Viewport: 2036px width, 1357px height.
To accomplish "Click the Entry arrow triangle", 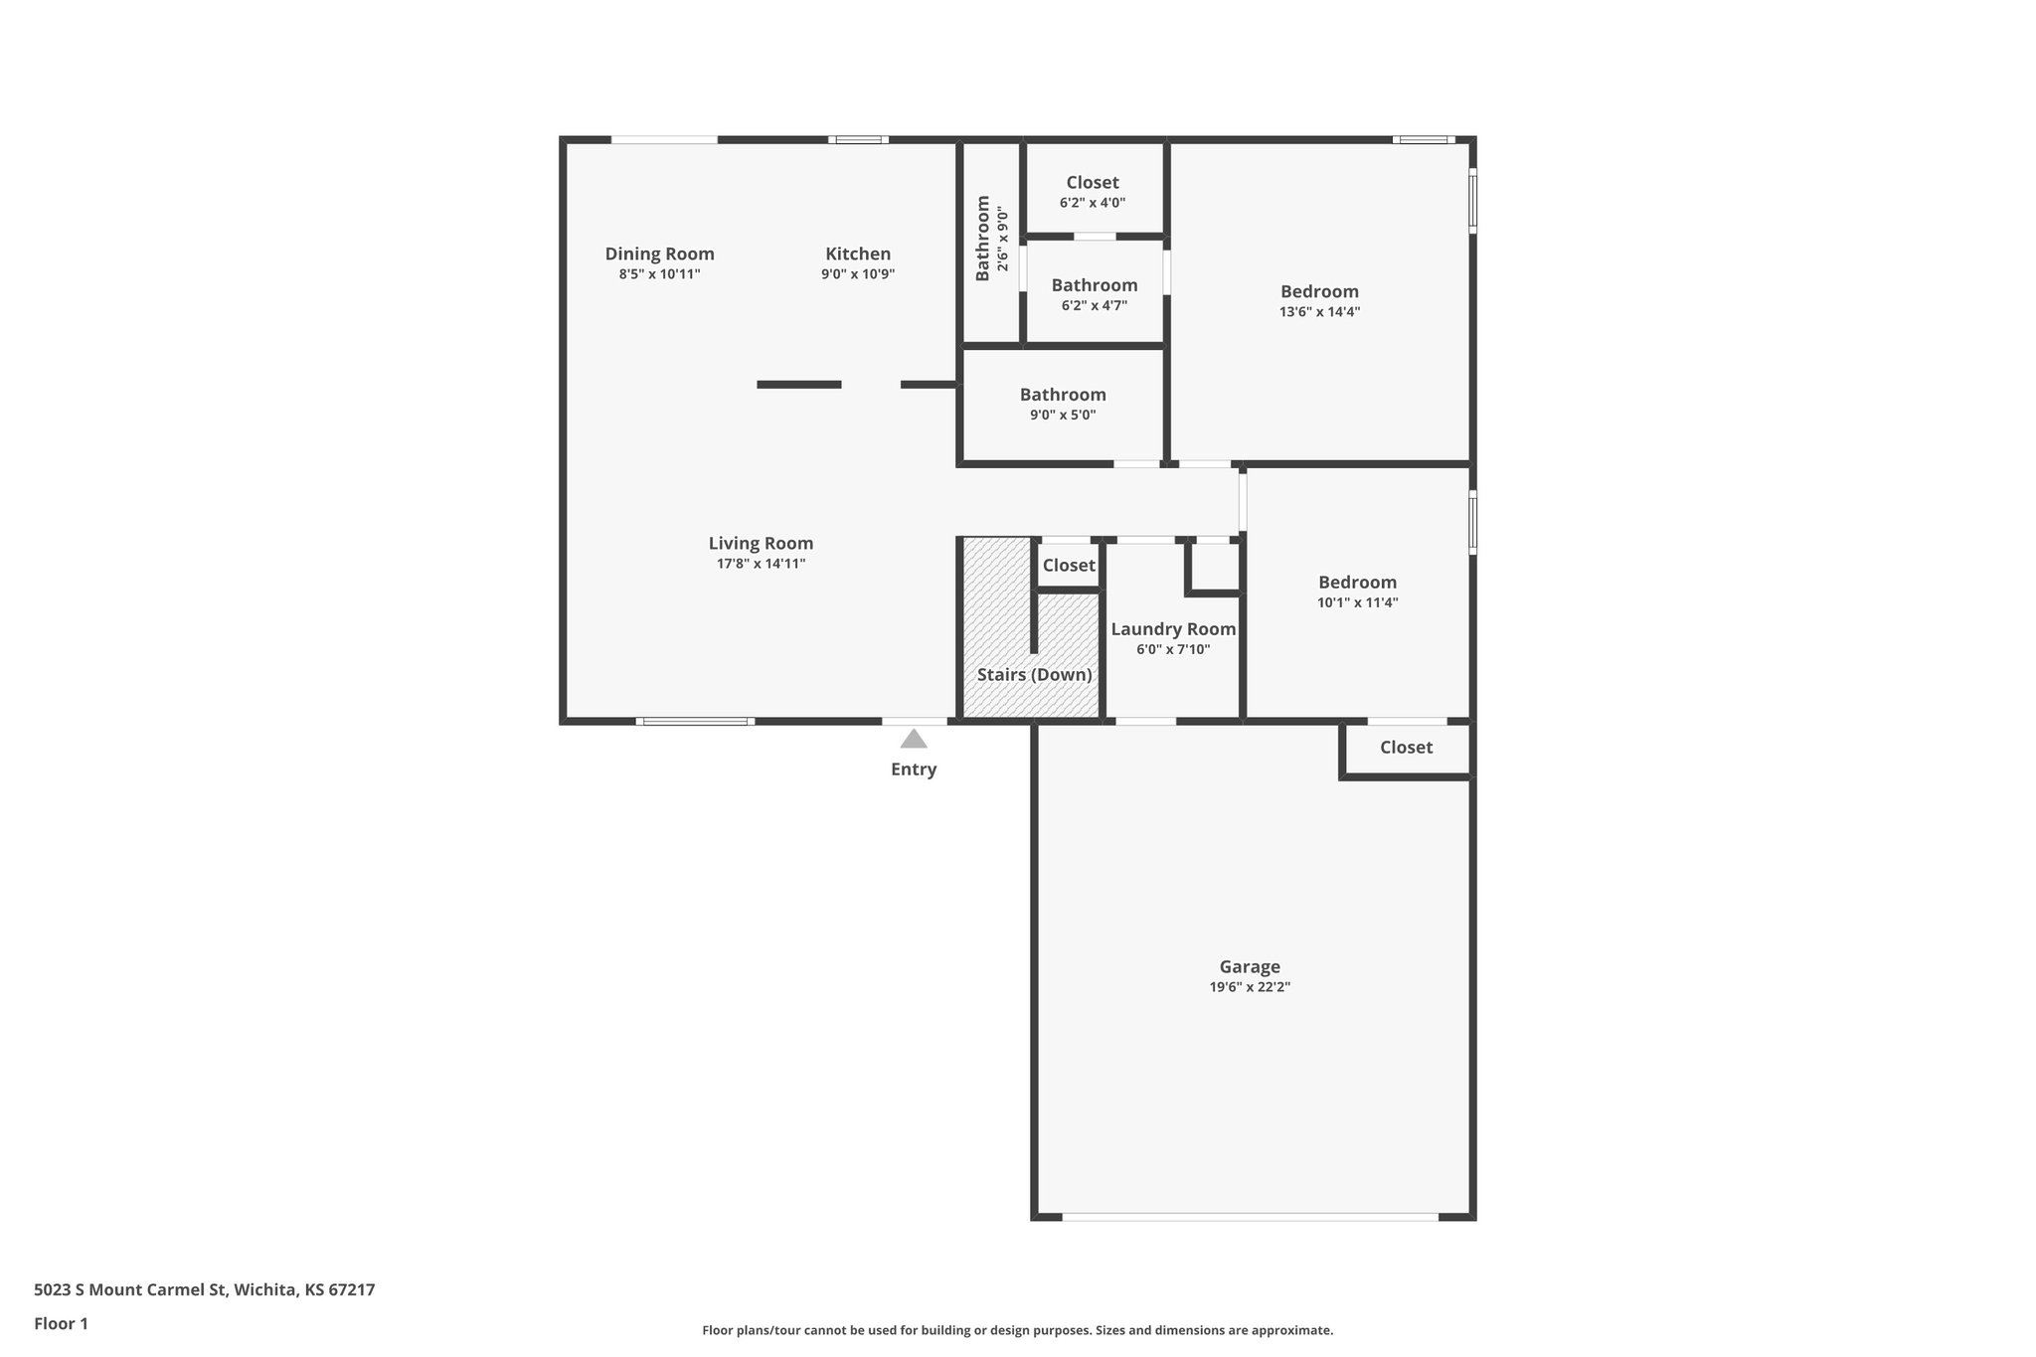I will point(914,739).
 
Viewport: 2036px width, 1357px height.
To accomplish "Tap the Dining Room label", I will point(659,254).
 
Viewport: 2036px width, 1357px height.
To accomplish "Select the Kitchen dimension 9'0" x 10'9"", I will point(858,274).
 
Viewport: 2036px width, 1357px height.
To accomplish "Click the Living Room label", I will point(761,543).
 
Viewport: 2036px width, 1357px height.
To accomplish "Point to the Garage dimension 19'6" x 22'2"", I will point(1250,987).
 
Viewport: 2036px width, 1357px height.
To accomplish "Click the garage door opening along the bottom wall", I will point(1250,1216).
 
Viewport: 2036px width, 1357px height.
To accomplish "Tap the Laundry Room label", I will point(1173,629).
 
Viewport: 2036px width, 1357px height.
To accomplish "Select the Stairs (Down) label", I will point(1034,675).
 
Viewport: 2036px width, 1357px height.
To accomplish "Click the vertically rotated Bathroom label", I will point(983,239).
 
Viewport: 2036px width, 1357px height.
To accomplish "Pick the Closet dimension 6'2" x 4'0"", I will point(1093,203).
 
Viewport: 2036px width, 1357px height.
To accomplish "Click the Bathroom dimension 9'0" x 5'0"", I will point(1063,416).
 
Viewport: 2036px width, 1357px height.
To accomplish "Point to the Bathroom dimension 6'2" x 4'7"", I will point(1094,306).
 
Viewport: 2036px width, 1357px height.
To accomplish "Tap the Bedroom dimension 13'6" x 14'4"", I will point(1319,312).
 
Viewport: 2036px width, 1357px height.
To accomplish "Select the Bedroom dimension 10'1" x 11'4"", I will point(1357,602).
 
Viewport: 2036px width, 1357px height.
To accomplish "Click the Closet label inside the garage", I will point(1406,748).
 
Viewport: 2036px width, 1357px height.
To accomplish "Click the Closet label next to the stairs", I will point(1069,566).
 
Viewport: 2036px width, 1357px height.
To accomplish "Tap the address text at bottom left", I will point(204,1290).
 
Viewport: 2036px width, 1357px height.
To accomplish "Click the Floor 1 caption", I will point(61,1324).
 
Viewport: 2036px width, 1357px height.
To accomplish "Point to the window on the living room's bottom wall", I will point(694,721).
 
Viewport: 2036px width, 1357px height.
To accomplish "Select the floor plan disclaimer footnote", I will point(1017,1330).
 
